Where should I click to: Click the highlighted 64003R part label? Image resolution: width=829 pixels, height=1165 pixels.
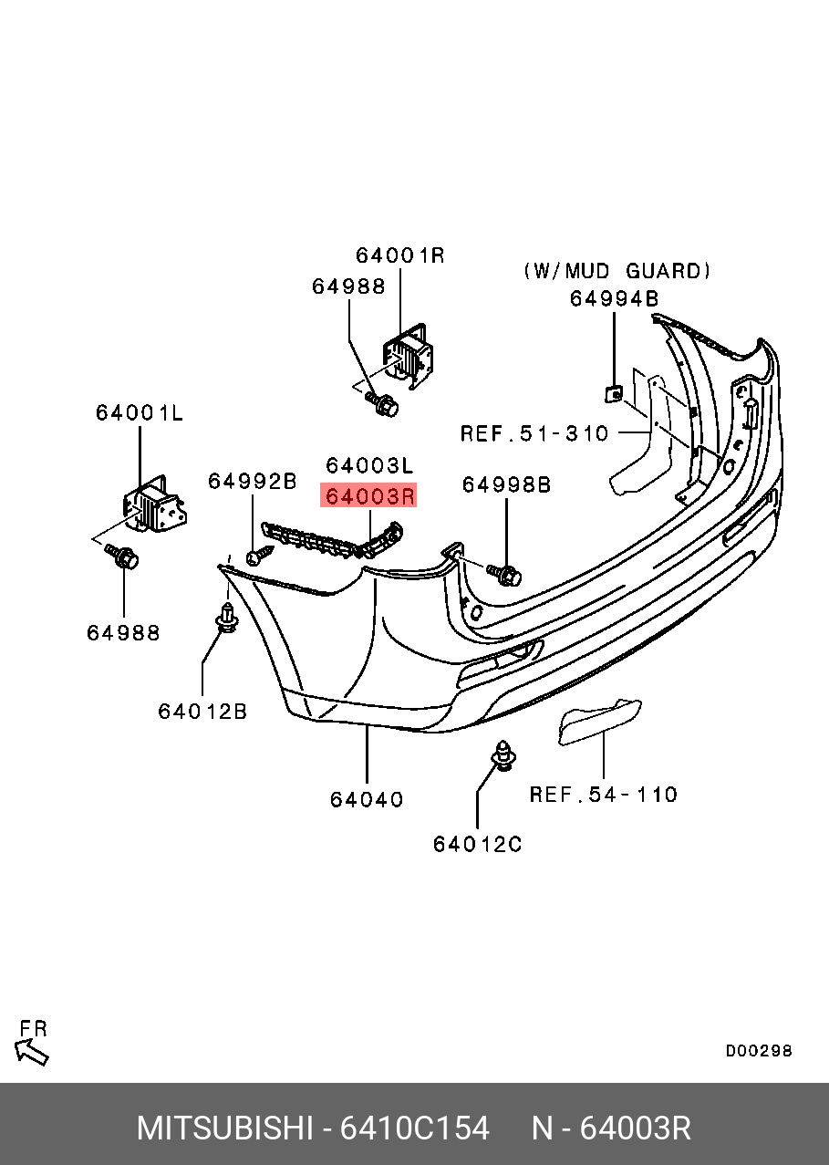coord(369,495)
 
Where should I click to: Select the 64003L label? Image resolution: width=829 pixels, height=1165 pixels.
coord(369,465)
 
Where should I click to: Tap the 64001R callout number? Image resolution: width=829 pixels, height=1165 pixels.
coord(399,255)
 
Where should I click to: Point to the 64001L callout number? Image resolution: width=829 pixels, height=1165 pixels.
coord(140,413)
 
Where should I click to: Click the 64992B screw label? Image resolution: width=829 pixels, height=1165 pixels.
coord(253,481)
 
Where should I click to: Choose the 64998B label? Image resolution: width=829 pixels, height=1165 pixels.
coord(506,484)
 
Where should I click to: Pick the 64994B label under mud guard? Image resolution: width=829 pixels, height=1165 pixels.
coord(614,298)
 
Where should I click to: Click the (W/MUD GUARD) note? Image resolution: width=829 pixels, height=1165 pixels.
coord(617,271)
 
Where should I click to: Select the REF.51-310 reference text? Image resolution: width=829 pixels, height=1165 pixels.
coord(534,433)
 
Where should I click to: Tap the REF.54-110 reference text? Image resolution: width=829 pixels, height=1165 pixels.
coord(604,795)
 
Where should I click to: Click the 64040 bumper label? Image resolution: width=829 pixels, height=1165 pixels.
coord(367,799)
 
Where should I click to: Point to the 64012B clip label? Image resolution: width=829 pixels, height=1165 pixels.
coord(202,711)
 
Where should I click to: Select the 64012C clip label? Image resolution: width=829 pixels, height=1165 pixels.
coord(477,845)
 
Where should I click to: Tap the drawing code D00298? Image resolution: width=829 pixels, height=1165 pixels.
coord(759,1051)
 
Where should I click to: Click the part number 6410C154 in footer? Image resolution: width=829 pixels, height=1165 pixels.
coord(414,1129)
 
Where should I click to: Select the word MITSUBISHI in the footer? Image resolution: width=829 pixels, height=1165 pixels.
coord(224,1129)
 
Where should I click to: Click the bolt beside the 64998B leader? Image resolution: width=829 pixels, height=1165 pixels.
coord(504,574)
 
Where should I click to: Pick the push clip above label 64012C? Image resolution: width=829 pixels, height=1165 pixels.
coord(501,755)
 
